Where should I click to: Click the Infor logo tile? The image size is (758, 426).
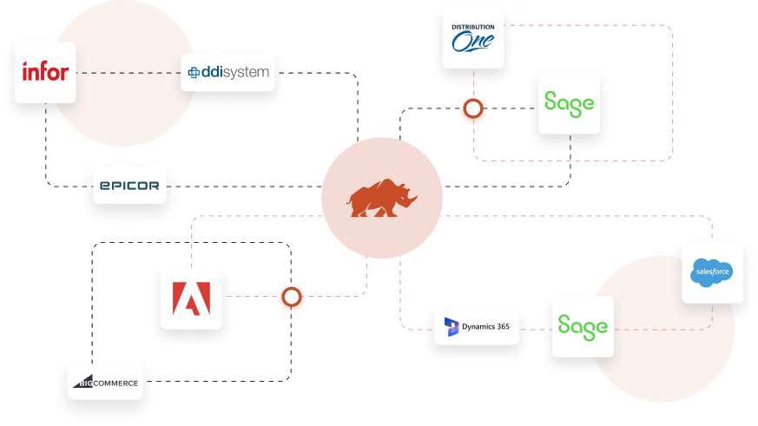(46, 72)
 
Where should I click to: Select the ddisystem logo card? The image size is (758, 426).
(227, 73)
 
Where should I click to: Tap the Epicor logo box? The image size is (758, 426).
(129, 185)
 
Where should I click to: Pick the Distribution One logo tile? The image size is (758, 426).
(472, 38)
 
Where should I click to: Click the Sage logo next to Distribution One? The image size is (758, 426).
(569, 102)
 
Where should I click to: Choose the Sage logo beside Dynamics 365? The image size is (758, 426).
(583, 326)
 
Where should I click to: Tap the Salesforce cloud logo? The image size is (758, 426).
(712, 272)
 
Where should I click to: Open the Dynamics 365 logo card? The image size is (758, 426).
(477, 326)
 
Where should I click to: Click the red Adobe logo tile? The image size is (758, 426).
(191, 298)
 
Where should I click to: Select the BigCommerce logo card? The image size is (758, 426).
(104, 382)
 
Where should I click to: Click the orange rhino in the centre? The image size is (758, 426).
(382, 199)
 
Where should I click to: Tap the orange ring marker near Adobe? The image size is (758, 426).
(292, 298)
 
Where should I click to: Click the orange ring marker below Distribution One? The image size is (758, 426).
(474, 110)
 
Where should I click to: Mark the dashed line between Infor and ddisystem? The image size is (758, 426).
(129, 73)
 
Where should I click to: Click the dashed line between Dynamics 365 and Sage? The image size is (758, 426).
(536, 327)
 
